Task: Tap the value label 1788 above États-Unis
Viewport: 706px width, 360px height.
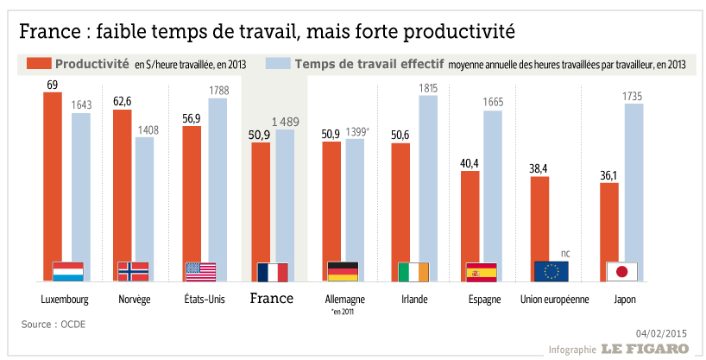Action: point(217,89)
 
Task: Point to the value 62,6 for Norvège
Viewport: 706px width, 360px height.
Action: point(122,101)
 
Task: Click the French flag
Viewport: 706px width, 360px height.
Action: point(273,272)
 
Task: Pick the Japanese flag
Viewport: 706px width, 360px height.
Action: point(621,272)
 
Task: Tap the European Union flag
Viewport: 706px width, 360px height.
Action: point(552,272)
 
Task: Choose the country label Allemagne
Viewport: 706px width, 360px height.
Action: point(342,299)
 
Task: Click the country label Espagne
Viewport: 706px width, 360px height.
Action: point(482,299)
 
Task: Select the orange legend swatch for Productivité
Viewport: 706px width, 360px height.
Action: point(39,64)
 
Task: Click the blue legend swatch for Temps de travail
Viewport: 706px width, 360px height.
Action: point(276,64)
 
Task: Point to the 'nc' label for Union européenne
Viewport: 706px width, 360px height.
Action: point(566,252)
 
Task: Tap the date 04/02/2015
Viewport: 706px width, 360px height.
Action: point(661,332)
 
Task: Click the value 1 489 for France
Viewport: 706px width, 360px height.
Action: point(286,121)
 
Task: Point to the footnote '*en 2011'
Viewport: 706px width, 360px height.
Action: point(343,312)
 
